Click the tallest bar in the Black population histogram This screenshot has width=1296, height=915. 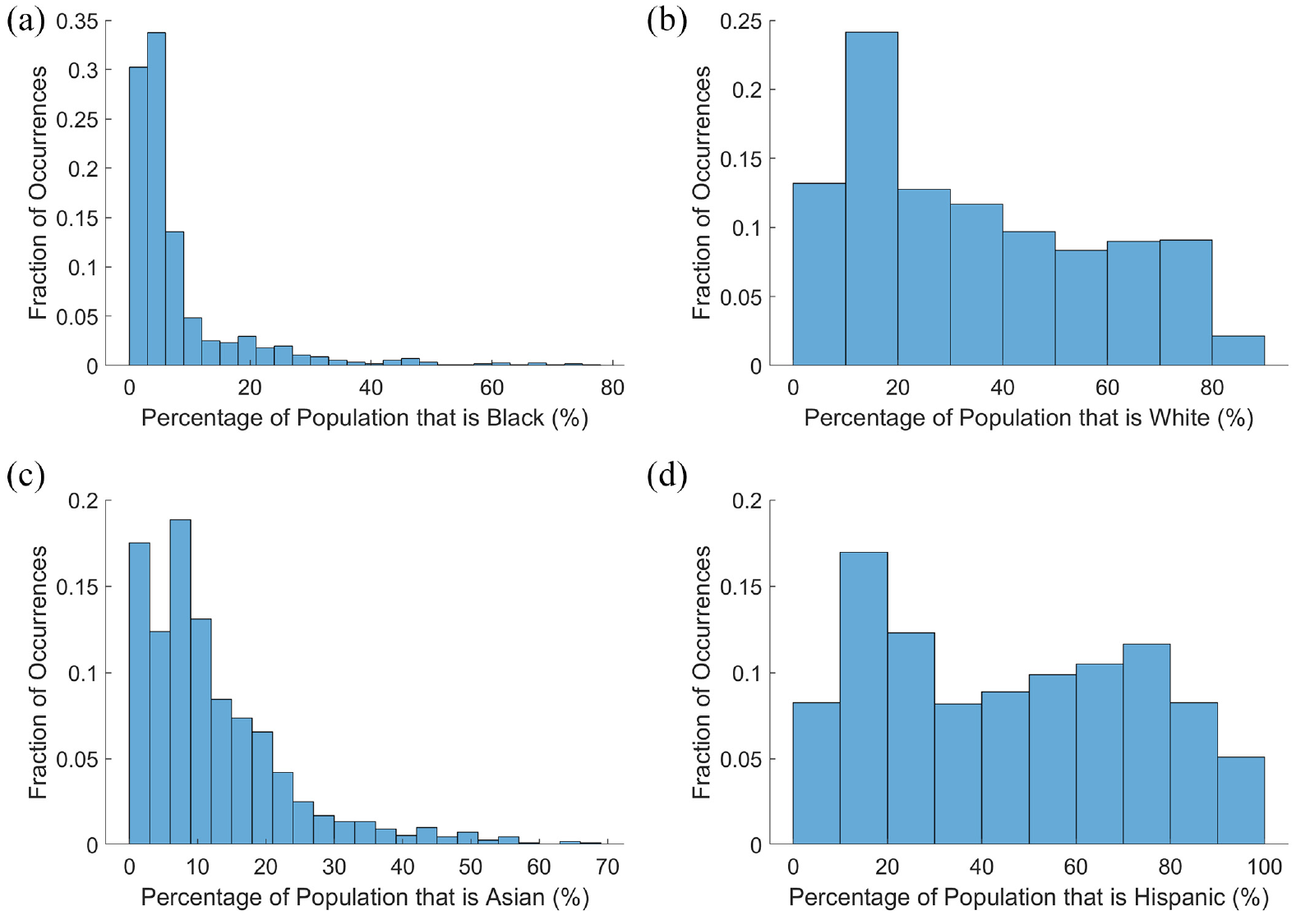click(156, 199)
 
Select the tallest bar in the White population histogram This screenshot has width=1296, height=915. click(871, 199)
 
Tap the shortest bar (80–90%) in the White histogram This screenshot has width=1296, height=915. click(1238, 351)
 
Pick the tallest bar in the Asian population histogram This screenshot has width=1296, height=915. click(180, 683)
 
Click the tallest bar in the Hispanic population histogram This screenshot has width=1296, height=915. click(863, 699)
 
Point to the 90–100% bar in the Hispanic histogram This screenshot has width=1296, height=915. click(1241, 801)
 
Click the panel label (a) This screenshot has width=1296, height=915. click(25, 22)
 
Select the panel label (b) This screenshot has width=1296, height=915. click(667, 22)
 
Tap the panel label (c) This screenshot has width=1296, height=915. click(25, 476)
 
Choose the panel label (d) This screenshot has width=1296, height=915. click(667, 476)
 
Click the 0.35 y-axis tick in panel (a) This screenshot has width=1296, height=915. click(77, 21)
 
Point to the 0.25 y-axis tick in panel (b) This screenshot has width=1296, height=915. click(740, 21)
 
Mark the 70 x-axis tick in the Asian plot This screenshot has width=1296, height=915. click(607, 867)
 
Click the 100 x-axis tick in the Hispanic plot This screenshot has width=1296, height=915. click(1264, 867)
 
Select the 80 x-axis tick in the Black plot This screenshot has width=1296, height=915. click(613, 387)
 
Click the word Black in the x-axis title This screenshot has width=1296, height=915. click(515, 417)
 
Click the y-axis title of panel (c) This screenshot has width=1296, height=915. click(38, 672)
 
